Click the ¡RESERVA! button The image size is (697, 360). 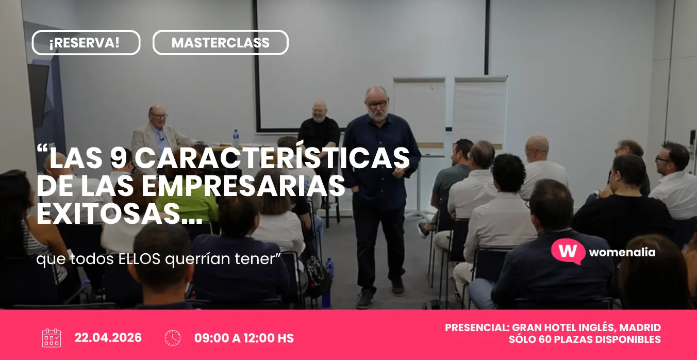pos(86,43)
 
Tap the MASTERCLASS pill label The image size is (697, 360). pos(220,43)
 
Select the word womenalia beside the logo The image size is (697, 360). pos(622,252)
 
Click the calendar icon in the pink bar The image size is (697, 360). pos(52,338)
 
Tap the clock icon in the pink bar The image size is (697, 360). pos(173,338)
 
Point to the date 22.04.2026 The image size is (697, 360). pos(108,338)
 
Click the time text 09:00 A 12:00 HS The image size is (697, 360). pos(244,338)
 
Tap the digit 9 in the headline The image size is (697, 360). pos(119,158)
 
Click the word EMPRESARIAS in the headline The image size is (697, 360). pos(243,186)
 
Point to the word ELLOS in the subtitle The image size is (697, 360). pos(139,259)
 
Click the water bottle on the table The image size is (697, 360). pos(236,138)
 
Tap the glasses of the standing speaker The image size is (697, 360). pos(378,104)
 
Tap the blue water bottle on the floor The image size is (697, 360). pos(329,268)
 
